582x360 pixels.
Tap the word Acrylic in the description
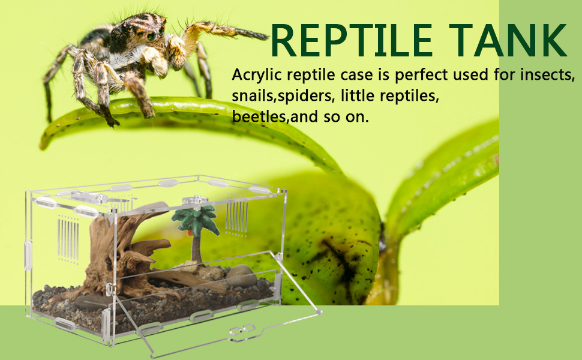[x=254, y=76]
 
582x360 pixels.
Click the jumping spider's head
[x=146, y=30]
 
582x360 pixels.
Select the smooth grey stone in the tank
[x=240, y=275]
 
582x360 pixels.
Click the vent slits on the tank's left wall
[x=68, y=239]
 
